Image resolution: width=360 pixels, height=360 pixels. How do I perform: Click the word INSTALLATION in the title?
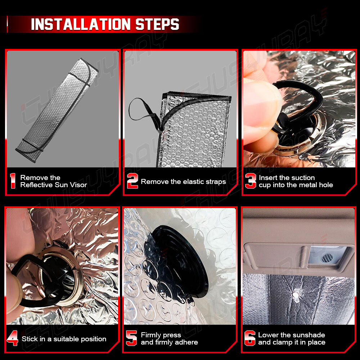tap(81, 24)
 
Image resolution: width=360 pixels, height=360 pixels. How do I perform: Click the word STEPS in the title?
tap(157, 24)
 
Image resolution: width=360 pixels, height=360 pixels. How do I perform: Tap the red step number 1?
tap(13, 181)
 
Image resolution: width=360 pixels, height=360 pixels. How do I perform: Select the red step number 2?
tap(132, 181)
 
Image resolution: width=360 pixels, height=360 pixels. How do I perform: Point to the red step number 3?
tap(251, 181)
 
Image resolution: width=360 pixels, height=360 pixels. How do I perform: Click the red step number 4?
tap(12, 338)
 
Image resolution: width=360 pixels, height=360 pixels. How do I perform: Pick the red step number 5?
tap(131, 338)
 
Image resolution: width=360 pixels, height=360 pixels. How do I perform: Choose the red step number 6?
tap(250, 338)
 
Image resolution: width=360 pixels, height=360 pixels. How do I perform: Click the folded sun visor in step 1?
tap(57, 110)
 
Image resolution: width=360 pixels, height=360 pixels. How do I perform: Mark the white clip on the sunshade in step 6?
tap(296, 296)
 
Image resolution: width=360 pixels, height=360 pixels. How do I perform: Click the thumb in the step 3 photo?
tap(262, 103)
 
